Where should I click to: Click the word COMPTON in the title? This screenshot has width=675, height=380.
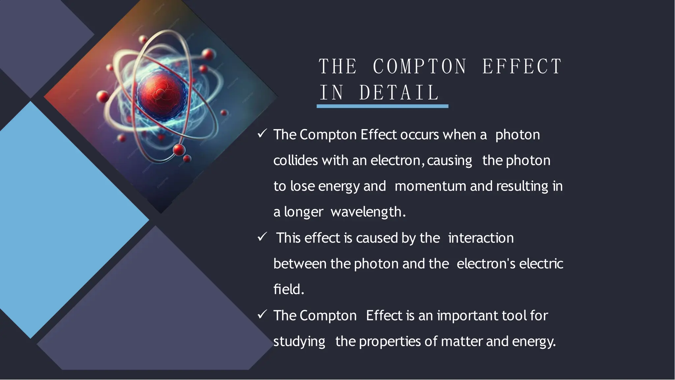pos(420,67)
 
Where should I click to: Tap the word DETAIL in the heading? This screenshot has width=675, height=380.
pos(399,93)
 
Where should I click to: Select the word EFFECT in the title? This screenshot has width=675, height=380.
pos(522,67)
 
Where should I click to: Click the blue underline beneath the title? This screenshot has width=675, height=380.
pos(382,106)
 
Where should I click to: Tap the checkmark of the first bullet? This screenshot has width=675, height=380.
pos(262,134)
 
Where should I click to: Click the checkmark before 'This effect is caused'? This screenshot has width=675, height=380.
pos(262,237)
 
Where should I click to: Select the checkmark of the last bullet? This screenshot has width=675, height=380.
pos(262,315)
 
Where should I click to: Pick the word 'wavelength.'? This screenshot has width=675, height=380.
pos(368,212)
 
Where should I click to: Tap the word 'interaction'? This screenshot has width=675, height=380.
pos(481,238)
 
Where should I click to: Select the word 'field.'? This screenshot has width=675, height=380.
pos(289,289)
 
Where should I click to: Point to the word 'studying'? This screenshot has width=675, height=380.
pos(299,342)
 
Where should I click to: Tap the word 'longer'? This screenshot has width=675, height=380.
pos(303,212)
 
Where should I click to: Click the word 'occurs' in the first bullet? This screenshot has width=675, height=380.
pos(420,135)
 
